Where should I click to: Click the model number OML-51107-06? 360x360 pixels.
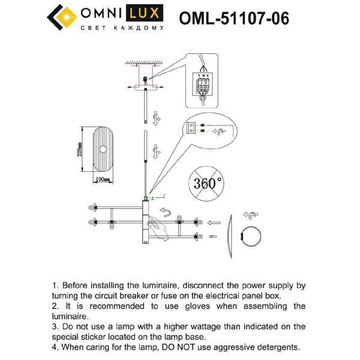[234, 19]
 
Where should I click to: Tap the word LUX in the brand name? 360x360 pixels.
[148, 14]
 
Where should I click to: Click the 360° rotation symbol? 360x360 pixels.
[208, 183]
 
